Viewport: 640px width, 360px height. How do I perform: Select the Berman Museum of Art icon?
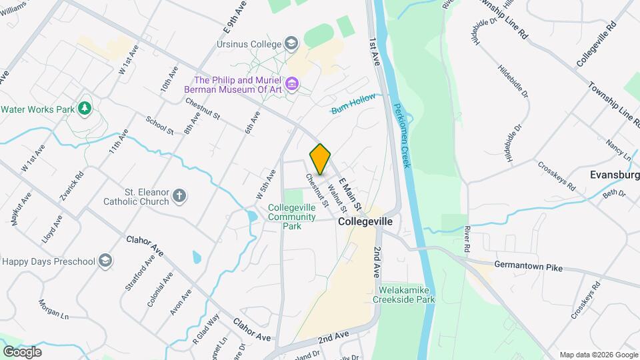pos(291,85)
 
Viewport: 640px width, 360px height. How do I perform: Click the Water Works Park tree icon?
pos(84,108)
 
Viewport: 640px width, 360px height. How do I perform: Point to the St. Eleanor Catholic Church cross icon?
pos(179,195)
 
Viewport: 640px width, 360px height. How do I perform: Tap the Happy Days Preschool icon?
pos(105,261)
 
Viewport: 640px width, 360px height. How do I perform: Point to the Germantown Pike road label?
pos(528,267)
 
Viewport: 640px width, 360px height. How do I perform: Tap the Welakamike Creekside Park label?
pos(407,295)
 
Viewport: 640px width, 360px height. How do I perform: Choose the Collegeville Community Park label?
pos(292,217)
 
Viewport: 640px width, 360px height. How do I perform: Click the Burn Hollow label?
pos(353,105)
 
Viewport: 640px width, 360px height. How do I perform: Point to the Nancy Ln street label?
pos(618,149)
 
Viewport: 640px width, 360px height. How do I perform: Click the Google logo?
pos(22,351)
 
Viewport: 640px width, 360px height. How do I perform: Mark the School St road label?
pos(159,125)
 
